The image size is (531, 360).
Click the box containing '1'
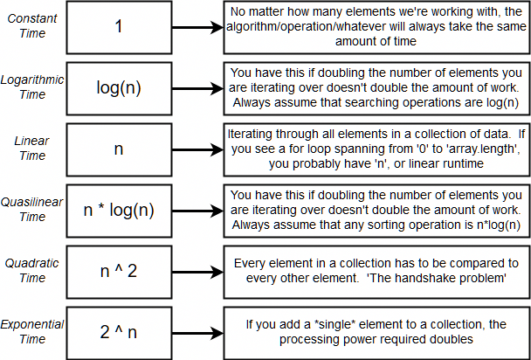click(x=119, y=26)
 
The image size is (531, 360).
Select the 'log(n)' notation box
click(x=119, y=87)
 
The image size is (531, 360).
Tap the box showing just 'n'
click(x=119, y=149)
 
